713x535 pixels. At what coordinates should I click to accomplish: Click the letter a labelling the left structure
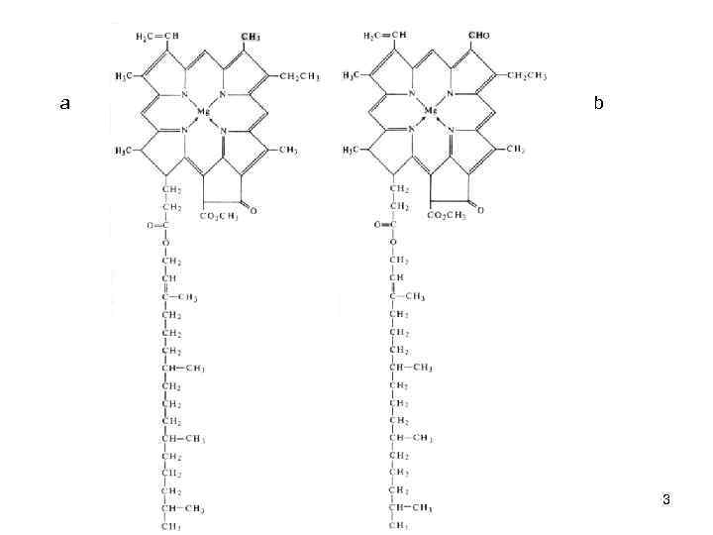click(64, 103)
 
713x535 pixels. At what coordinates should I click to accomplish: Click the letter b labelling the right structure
click(598, 103)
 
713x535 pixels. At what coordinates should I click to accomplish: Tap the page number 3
click(666, 499)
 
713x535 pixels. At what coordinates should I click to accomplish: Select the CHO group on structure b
click(478, 36)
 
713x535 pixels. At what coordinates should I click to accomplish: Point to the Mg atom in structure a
click(203, 111)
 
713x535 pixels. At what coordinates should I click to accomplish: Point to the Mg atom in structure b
click(431, 111)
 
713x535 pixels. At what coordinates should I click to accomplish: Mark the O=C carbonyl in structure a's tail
click(154, 225)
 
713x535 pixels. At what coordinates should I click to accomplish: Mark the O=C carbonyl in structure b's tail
click(384, 225)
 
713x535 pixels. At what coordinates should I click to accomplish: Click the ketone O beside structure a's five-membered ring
click(255, 210)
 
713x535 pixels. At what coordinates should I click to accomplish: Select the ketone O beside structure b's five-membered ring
click(482, 209)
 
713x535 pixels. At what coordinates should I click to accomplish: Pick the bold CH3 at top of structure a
click(251, 37)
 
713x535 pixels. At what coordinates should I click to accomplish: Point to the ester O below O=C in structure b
click(394, 242)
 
